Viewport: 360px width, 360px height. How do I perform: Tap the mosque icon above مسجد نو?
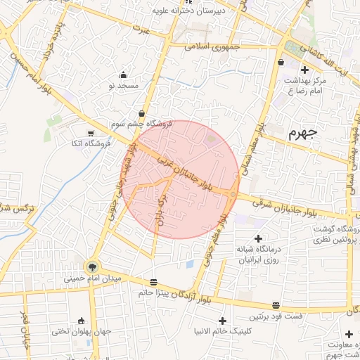tap(124, 75)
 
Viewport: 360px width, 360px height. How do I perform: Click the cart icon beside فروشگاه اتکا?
tap(90, 133)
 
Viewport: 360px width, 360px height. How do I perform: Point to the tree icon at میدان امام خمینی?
tap(91, 266)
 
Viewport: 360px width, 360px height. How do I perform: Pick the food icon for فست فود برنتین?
tap(276, 306)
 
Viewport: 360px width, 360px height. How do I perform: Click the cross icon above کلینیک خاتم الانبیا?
tap(223, 320)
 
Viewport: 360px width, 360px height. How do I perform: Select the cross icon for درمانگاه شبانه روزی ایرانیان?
tap(258, 238)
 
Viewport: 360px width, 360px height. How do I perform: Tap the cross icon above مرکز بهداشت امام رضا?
tap(304, 70)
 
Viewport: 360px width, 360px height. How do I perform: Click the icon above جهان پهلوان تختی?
tap(82, 321)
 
